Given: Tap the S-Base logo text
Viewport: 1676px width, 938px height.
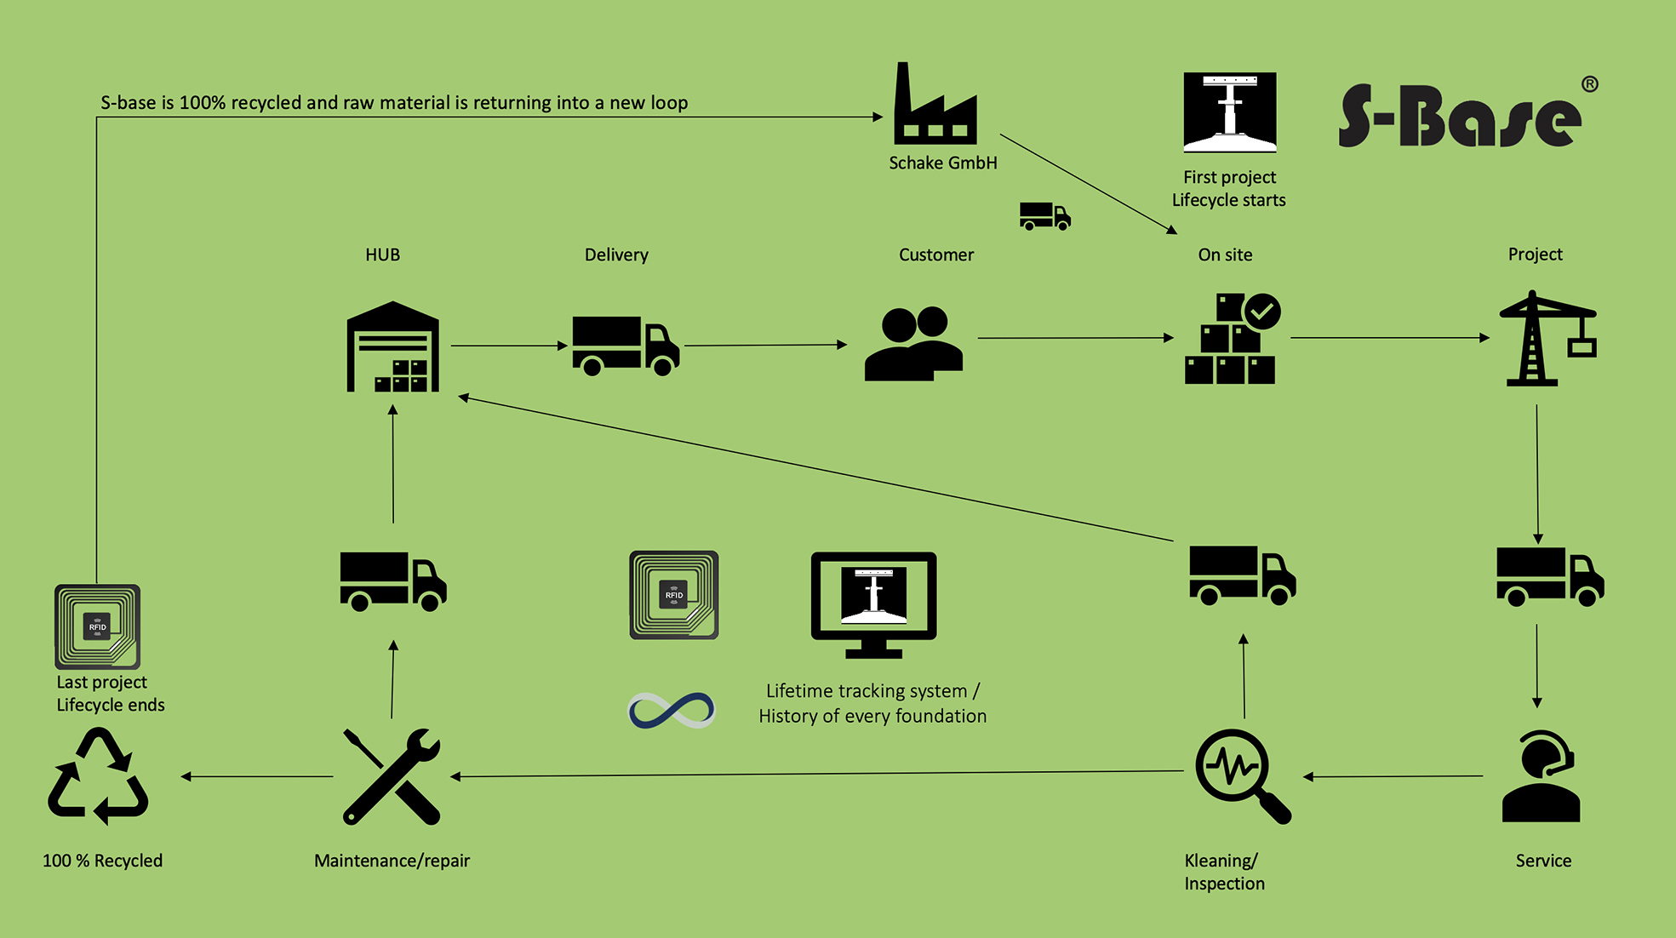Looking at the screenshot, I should (x=1459, y=117).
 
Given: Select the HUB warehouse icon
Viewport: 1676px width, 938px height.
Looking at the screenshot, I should (x=392, y=347).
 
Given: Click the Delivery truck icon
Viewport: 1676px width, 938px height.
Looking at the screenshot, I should (x=625, y=345).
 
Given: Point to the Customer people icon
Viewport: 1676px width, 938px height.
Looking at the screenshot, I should (x=913, y=343).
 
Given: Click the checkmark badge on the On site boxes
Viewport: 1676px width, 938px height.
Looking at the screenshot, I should (x=1261, y=312).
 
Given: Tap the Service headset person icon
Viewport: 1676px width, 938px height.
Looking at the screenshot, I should (x=1541, y=776).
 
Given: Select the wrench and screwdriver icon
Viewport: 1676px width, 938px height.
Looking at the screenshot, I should (x=392, y=776).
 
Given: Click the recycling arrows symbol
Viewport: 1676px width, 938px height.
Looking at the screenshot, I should (x=98, y=776).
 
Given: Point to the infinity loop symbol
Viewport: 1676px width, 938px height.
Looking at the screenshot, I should (x=672, y=710).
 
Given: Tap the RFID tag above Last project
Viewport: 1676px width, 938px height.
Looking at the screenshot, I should (x=97, y=626).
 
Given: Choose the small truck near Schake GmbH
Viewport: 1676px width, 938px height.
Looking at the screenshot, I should (x=1044, y=216).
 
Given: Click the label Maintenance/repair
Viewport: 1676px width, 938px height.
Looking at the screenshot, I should (x=392, y=861).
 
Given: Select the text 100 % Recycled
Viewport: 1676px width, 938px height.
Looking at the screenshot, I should (x=102, y=861).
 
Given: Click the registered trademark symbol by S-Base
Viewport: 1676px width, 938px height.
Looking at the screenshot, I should (x=1589, y=84).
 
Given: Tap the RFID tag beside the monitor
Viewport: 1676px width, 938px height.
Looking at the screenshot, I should (x=673, y=595).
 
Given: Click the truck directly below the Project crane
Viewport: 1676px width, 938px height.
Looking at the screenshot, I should (x=1549, y=576).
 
